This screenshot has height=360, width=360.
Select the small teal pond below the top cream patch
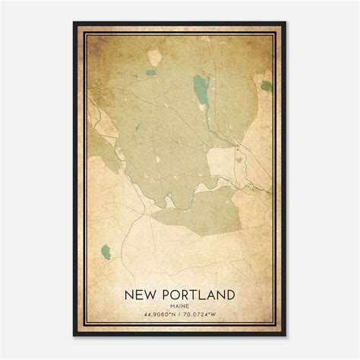coord(150,73)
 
